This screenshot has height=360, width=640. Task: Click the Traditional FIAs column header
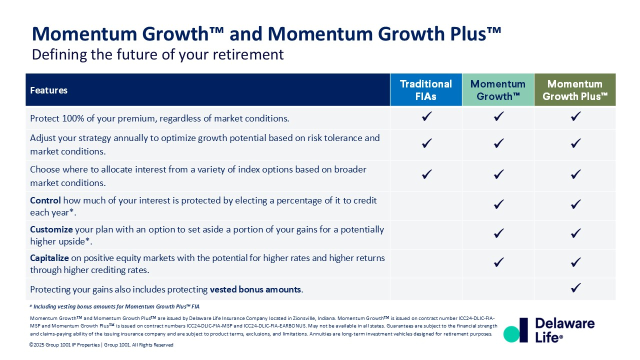point(426,89)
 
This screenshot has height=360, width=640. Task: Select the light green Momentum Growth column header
point(498,89)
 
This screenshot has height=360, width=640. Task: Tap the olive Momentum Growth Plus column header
point(575,89)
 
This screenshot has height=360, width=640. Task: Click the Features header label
point(49,90)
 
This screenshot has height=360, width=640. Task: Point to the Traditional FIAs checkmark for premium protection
point(427,116)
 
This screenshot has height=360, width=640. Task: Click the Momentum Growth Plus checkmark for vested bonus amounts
point(575,287)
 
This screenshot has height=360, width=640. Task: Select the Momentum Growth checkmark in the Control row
point(499,204)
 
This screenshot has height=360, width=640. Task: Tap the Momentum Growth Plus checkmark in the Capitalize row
point(575,262)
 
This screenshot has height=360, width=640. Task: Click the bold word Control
point(45,200)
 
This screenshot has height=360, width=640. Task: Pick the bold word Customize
point(51,229)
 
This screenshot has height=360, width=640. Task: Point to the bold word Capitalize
point(49,258)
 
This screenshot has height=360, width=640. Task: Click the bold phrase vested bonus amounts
point(255,289)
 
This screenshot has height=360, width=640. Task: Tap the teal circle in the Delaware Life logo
point(511,334)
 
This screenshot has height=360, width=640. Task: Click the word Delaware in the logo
point(565,323)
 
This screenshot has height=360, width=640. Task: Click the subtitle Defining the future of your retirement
point(157,54)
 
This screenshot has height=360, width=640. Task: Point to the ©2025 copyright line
point(101,345)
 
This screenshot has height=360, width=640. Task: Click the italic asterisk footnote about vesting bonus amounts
point(114,306)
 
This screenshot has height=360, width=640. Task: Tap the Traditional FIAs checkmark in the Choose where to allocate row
point(427,174)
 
